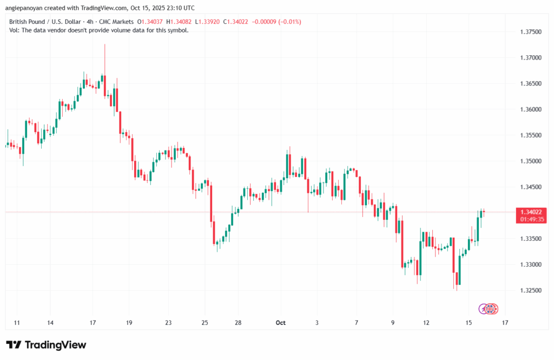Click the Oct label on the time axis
click(x=280, y=323)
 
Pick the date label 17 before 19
click(x=93, y=323)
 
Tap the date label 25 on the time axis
click(x=205, y=323)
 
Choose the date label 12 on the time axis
click(x=426, y=323)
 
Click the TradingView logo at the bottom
click(x=46, y=345)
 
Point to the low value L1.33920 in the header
click(x=212, y=22)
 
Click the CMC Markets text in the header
click(x=116, y=22)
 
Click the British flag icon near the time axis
click(x=490, y=309)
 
